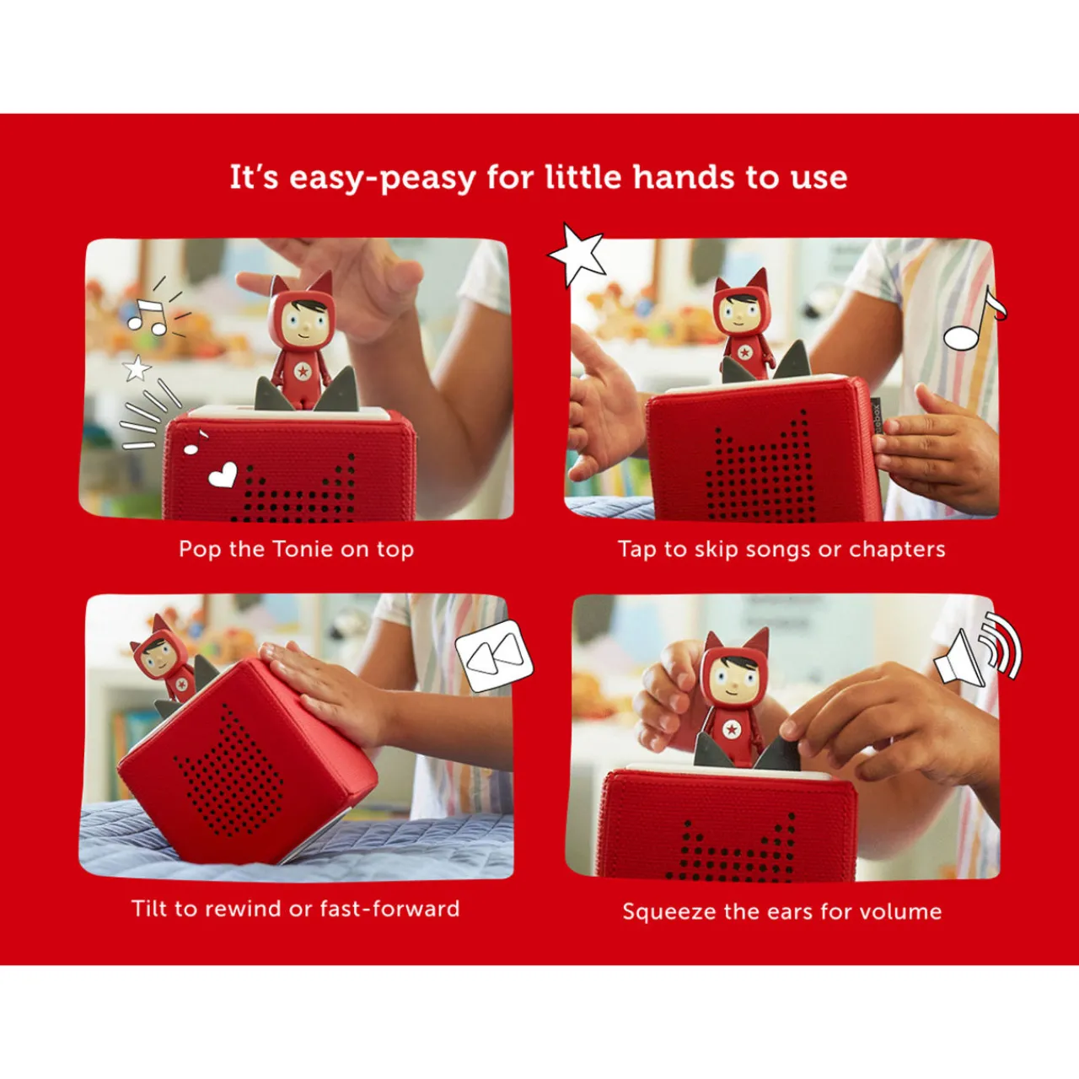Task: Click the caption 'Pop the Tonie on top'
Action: click(x=296, y=550)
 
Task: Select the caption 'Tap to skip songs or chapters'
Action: click(x=781, y=550)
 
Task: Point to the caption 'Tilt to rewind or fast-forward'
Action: click(x=296, y=909)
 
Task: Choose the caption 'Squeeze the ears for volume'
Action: click(x=781, y=911)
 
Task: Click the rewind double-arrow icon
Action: click(x=495, y=656)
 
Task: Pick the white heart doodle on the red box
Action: click(x=223, y=476)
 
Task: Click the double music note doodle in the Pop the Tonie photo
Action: click(x=148, y=315)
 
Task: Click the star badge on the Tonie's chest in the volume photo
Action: click(x=732, y=728)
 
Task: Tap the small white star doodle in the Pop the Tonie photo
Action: click(x=137, y=368)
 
